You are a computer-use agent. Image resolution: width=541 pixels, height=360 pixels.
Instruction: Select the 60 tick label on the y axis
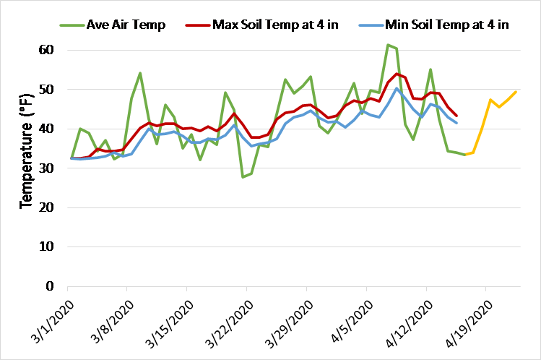point(47,50)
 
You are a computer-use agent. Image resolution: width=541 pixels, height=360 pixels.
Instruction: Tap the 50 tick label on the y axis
point(47,90)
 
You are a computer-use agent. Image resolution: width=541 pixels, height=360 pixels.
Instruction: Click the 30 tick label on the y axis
point(47,168)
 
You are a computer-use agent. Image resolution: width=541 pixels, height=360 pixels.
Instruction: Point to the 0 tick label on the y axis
point(51,286)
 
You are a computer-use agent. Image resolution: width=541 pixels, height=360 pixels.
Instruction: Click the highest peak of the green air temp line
point(388,45)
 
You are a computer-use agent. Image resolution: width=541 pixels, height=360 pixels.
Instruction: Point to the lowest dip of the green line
point(243,177)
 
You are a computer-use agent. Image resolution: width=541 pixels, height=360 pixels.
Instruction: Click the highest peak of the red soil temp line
point(397,74)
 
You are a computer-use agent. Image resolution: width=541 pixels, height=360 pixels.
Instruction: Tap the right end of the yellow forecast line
point(516,92)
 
